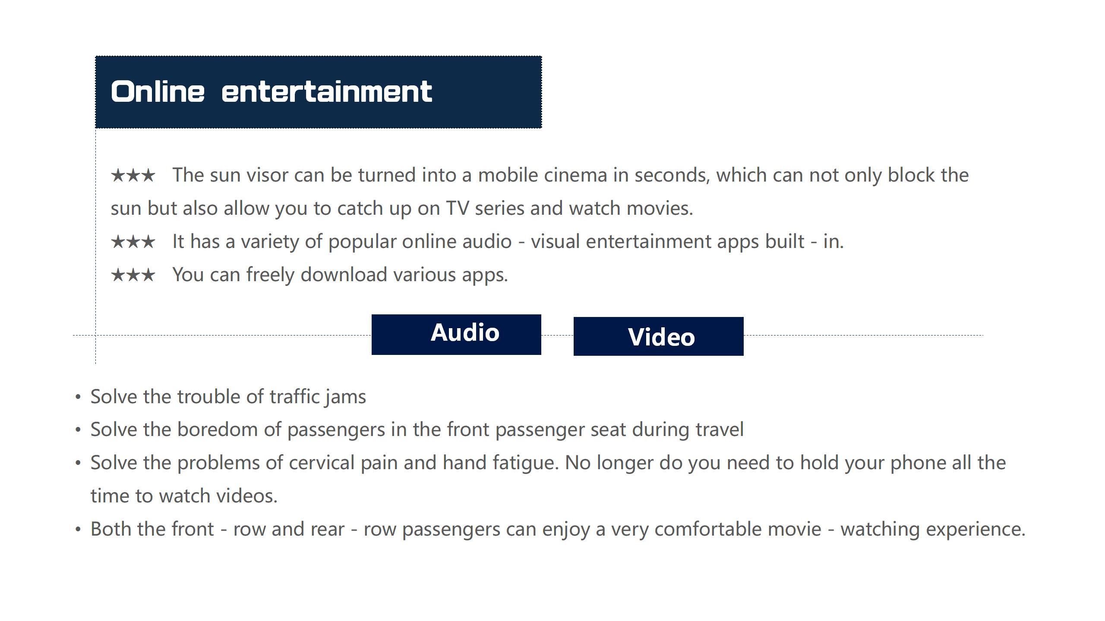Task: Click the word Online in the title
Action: coord(158,91)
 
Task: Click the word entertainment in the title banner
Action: coord(327,91)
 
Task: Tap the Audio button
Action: coord(456,334)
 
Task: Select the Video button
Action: coord(658,336)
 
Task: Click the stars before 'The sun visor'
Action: coord(133,175)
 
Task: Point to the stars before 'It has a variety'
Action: coord(133,241)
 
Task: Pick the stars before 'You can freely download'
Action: coord(133,275)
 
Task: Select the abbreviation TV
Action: coord(457,208)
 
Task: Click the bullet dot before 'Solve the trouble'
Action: coord(78,397)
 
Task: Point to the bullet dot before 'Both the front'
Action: coord(78,529)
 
